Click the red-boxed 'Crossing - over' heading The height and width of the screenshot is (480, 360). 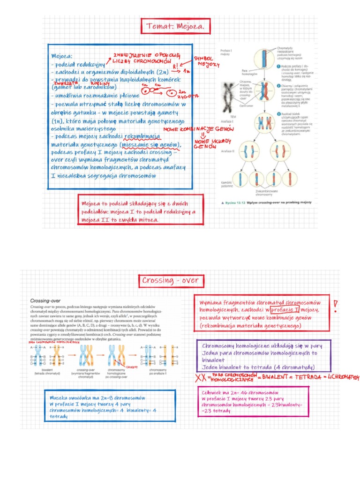click(x=170, y=281)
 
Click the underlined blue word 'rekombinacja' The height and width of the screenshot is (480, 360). click(x=142, y=136)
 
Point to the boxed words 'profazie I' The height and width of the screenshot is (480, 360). click(x=286, y=310)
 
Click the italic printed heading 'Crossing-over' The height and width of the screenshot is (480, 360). click(x=44, y=300)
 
